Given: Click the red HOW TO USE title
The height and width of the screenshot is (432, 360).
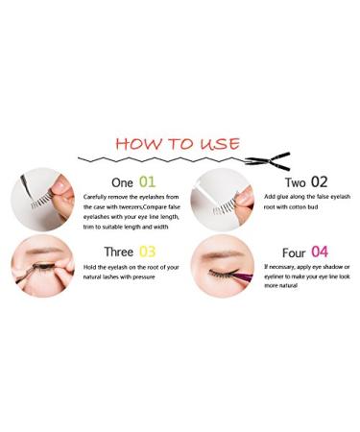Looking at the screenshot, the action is tap(178, 144).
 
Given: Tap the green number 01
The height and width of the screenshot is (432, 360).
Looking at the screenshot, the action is tap(147, 182).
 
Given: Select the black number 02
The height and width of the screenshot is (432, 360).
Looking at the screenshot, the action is tap(320, 182).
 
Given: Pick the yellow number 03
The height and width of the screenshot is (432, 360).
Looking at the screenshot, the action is tap(147, 252).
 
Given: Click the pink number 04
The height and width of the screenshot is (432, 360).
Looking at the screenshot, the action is tap(320, 252).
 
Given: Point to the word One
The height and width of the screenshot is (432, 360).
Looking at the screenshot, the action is tap(122, 182).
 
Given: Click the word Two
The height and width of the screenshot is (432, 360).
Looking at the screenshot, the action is tap(295, 182).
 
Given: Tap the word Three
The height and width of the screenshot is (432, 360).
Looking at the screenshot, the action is tap(118, 252).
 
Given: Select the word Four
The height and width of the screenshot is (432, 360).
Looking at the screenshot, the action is tap(294, 252).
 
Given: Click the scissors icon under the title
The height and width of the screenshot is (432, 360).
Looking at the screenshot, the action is tap(268, 161).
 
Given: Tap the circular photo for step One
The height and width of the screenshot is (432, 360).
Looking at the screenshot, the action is tap(42, 200).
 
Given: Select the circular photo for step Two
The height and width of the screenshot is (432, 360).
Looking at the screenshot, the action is tap(223, 200).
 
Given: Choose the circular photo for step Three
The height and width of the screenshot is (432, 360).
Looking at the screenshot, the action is tap(42, 266).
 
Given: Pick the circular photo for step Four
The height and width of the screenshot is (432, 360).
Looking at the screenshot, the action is tap(223, 266).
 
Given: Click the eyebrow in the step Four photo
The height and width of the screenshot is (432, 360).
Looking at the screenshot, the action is tap(223, 254).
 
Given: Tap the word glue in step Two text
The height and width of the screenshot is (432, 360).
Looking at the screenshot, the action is tap(280, 197).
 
